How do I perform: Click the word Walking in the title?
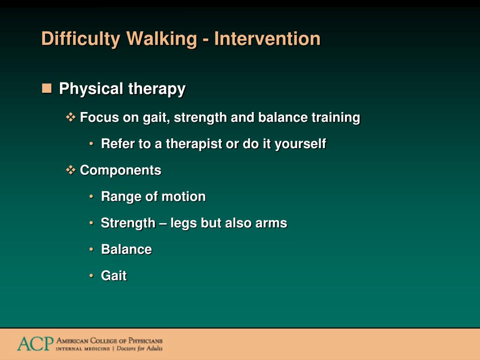point(161,39)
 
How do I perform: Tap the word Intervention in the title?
point(267,38)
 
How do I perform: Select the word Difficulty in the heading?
point(81,39)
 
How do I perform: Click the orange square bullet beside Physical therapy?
point(47,88)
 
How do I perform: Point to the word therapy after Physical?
point(157,89)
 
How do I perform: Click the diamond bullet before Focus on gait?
point(71,117)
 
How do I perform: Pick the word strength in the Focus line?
point(200,118)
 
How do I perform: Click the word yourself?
point(300,144)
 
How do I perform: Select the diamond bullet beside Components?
point(71,170)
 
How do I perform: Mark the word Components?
point(120,171)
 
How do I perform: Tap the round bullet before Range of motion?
point(91,196)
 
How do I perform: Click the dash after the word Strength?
point(163,224)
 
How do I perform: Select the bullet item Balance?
point(127,249)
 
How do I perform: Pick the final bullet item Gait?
point(113,276)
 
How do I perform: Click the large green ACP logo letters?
point(35,344)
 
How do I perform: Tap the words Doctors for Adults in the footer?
point(140,348)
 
